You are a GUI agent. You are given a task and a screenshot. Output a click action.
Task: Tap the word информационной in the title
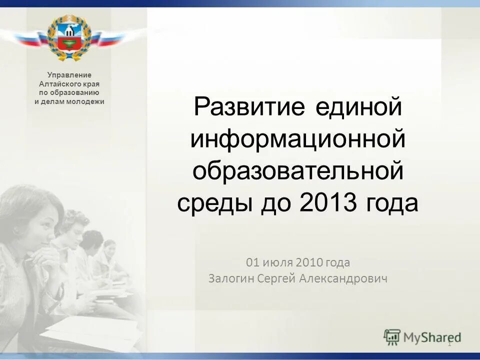coord(297,139)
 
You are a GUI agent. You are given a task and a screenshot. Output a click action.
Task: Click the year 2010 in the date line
coord(309,262)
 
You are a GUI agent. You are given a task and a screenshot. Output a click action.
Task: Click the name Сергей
coord(276,278)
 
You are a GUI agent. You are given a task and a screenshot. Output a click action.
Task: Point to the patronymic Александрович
coord(343,278)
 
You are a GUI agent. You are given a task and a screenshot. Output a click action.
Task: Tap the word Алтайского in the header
coord(60,84)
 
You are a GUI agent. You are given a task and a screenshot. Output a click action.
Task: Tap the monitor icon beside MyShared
coord(392,337)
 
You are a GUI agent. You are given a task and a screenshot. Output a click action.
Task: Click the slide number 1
coord(449,343)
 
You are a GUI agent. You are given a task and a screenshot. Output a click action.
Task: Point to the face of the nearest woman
coord(37,227)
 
